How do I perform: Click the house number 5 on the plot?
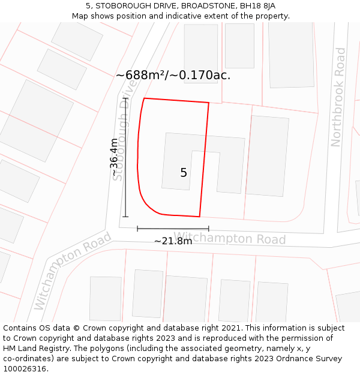184,173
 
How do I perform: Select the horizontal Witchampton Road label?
230,238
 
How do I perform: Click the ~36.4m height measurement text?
114,157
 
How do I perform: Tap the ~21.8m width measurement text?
173,241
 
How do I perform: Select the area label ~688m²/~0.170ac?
173,76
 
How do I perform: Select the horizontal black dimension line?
173,229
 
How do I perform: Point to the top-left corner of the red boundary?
144,98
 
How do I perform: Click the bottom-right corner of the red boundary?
199,216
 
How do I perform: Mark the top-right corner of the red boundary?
209,103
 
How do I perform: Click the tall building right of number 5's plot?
267,156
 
